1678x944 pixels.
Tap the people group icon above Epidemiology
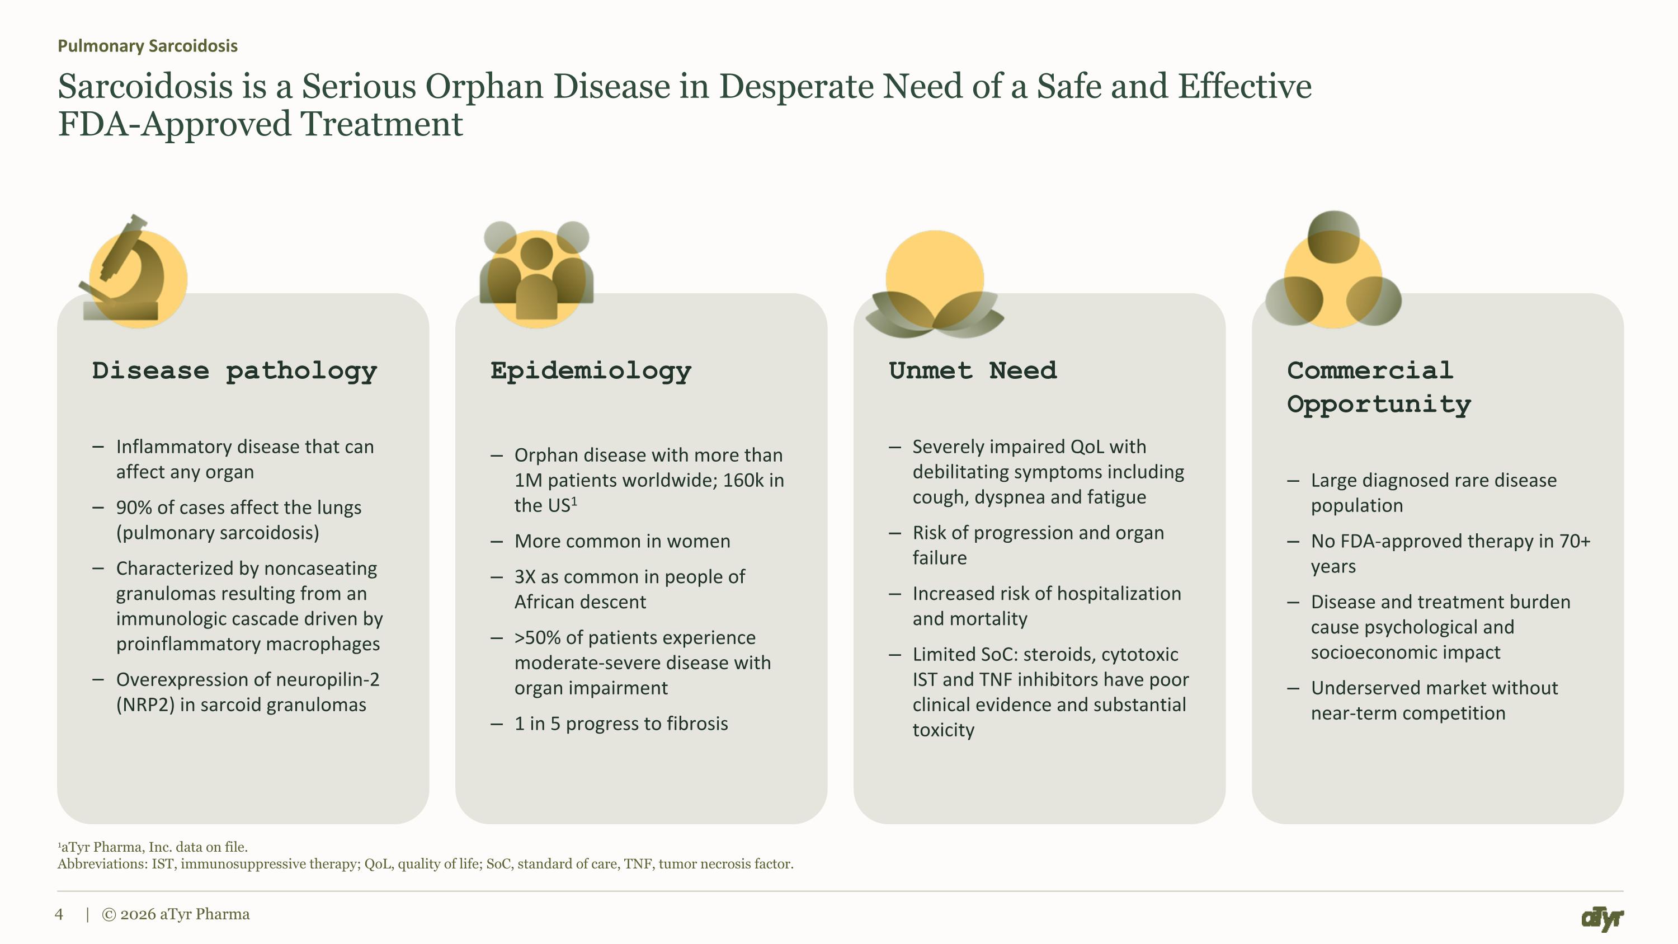click(536, 274)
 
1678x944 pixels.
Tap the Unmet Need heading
click(973, 370)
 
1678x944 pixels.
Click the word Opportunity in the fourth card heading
click(1379, 405)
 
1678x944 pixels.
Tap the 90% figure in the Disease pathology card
click(134, 508)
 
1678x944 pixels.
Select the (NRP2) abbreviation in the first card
click(145, 706)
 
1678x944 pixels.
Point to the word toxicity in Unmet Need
click(943, 730)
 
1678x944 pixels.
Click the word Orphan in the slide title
click(484, 87)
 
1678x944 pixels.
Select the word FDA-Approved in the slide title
click(175, 124)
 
